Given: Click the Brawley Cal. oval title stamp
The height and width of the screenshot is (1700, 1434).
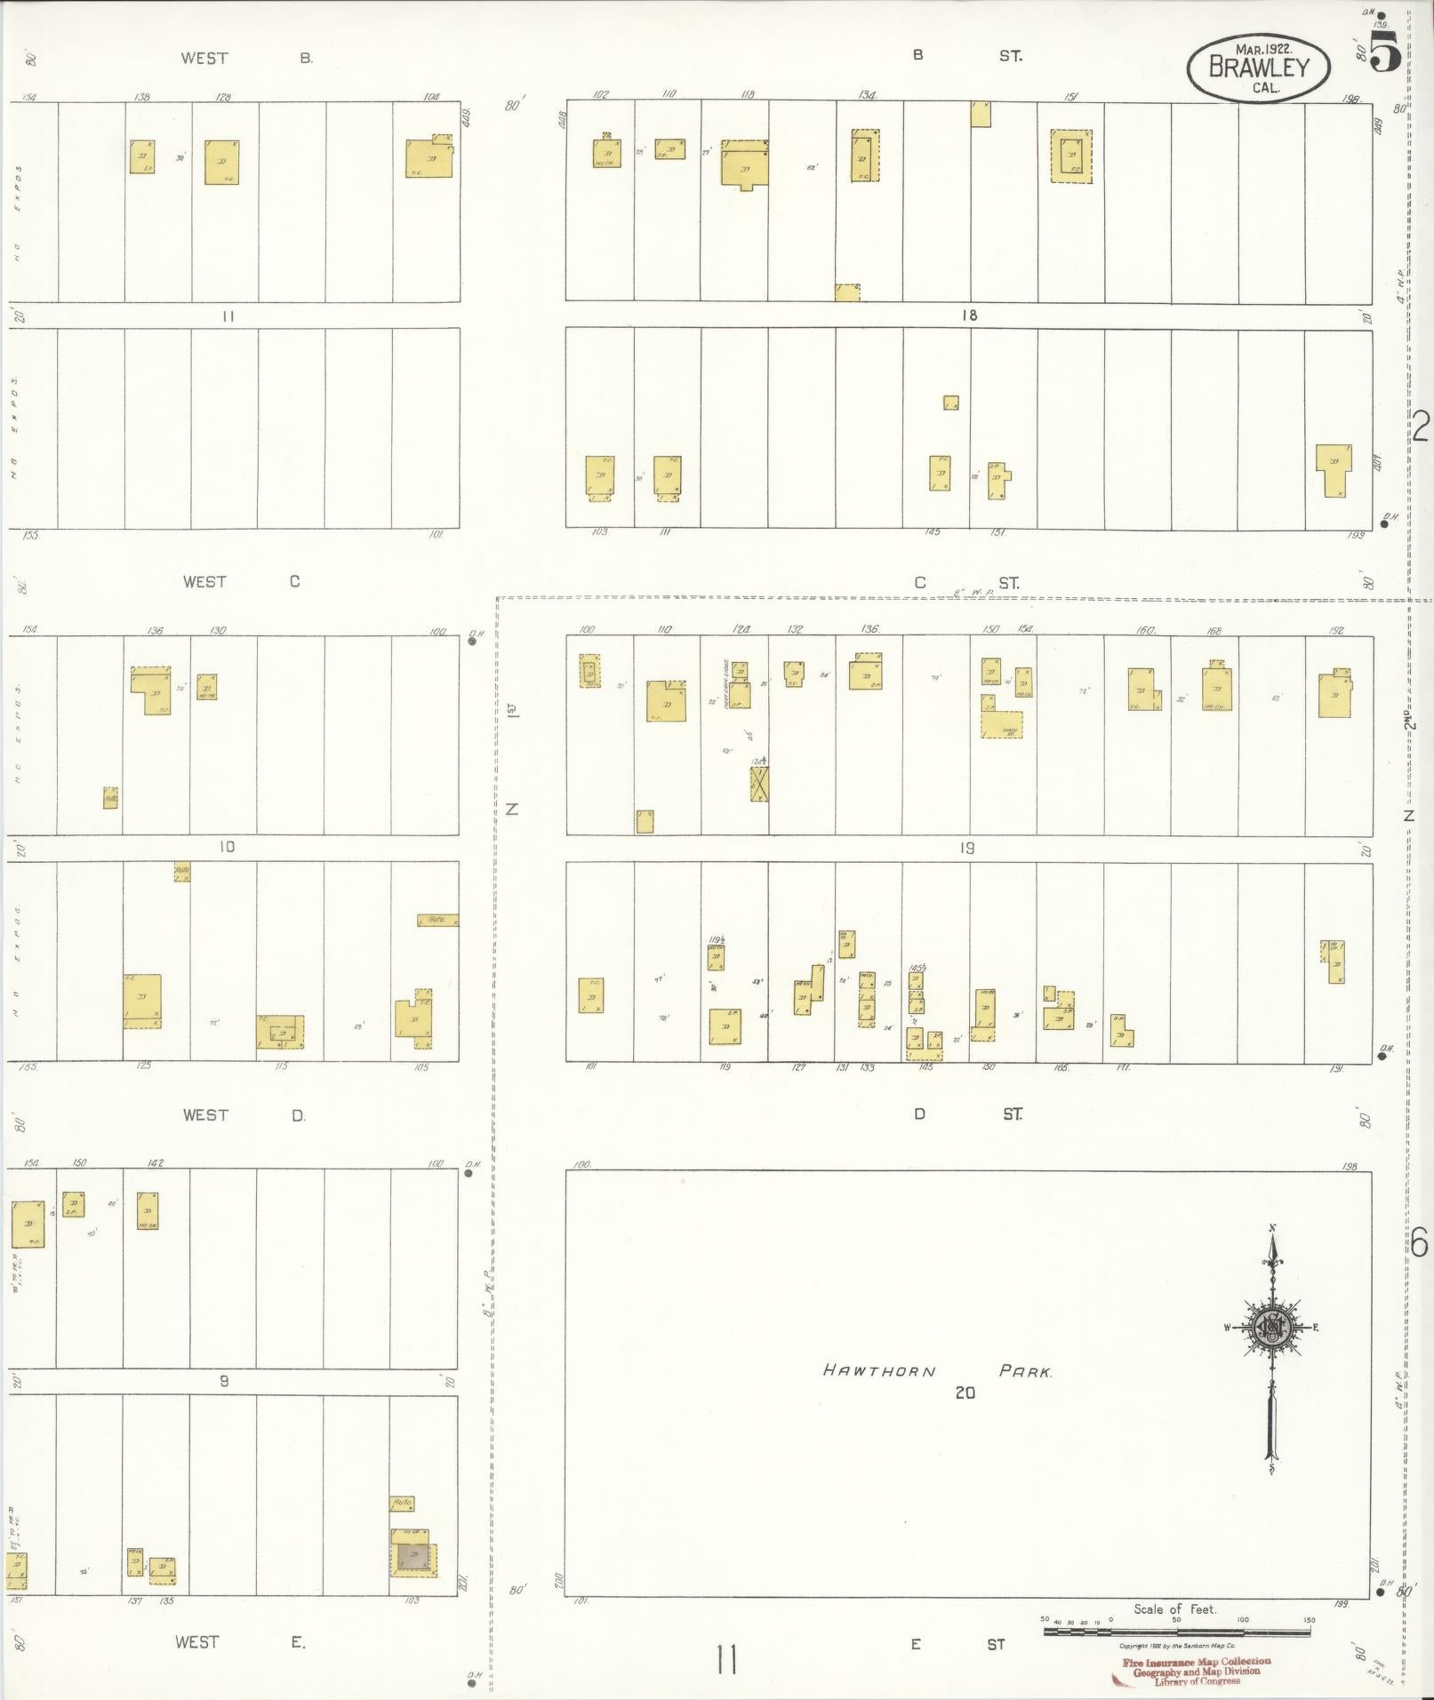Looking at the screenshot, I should coord(1258,68).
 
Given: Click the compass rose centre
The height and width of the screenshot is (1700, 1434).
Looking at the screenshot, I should coord(1271,1329).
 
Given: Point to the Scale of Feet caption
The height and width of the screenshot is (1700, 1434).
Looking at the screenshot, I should coord(1174,1608).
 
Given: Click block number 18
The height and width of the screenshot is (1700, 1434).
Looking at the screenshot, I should coord(969,315).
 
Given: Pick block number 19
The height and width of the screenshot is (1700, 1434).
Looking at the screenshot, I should coord(967,849).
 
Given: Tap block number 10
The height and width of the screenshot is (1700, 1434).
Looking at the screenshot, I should coord(227,847).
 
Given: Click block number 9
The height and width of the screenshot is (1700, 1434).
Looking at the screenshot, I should coord(224,1381).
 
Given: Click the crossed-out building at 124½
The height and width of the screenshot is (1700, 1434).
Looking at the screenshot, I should coord(759,784).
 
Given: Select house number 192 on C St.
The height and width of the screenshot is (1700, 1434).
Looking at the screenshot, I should coord(1336,630).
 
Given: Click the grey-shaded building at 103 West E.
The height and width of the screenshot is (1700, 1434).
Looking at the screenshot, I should coord(413,1556).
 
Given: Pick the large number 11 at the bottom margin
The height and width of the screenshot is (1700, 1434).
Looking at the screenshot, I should coord(725,1657).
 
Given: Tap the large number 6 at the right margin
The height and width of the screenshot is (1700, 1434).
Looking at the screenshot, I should coord(1419,1242).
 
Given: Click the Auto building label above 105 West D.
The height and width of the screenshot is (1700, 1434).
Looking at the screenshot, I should coord(437,920).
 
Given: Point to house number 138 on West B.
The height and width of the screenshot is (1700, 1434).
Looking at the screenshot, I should coord(141,97).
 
